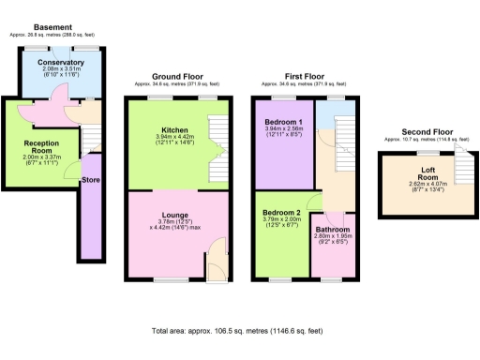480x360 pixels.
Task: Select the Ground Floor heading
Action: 176,77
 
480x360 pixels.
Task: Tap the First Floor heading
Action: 305,77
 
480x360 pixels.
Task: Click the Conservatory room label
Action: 61,63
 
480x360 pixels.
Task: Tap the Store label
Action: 91,181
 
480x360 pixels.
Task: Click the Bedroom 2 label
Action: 282,213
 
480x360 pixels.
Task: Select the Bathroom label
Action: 331,230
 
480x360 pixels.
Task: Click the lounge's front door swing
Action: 217,263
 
